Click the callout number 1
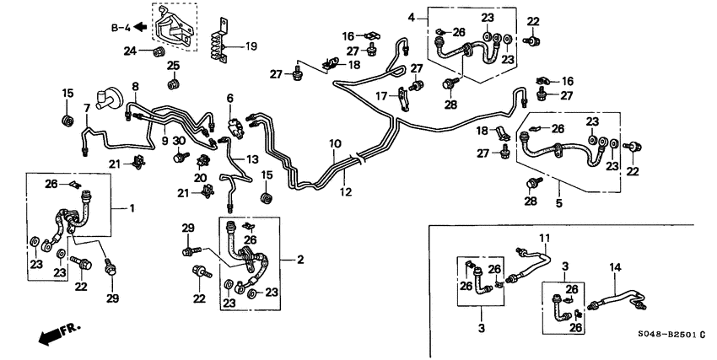tap(132, 207)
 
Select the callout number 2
tap(299, 260)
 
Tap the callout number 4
tap(412, 17)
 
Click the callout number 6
tap(229, 99)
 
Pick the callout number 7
tap(86, 108)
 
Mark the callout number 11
tap(544, 238)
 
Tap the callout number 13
tap(252, 159)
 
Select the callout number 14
tap(616, 267)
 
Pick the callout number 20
tap(200, 178)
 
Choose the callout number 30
tap(179, 141)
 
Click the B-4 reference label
tap(123, 28)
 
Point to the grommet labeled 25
tap(174, 83)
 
